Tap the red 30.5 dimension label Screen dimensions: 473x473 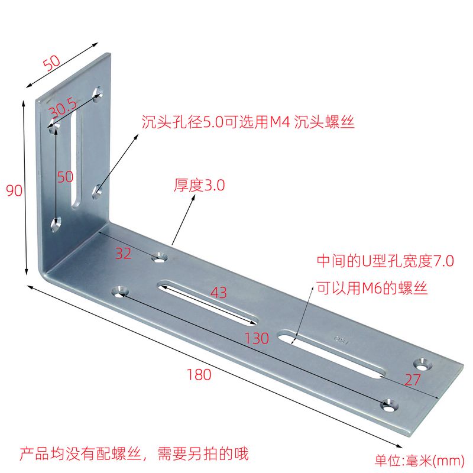pos(63,109)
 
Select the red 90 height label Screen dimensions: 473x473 pos(14,191)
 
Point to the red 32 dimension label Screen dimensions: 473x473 pos(123,254)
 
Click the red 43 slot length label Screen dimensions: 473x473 pos(218,292)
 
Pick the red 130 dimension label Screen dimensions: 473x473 pos(257,338)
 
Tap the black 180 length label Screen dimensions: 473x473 pos(199,374)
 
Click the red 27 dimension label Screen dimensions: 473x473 pos(412,380)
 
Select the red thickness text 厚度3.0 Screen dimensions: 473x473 pos(199,186)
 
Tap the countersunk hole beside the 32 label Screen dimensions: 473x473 pos(160,257)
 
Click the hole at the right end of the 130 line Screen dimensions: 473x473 pos(388,406)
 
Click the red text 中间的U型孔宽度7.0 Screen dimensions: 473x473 pos(385,261)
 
